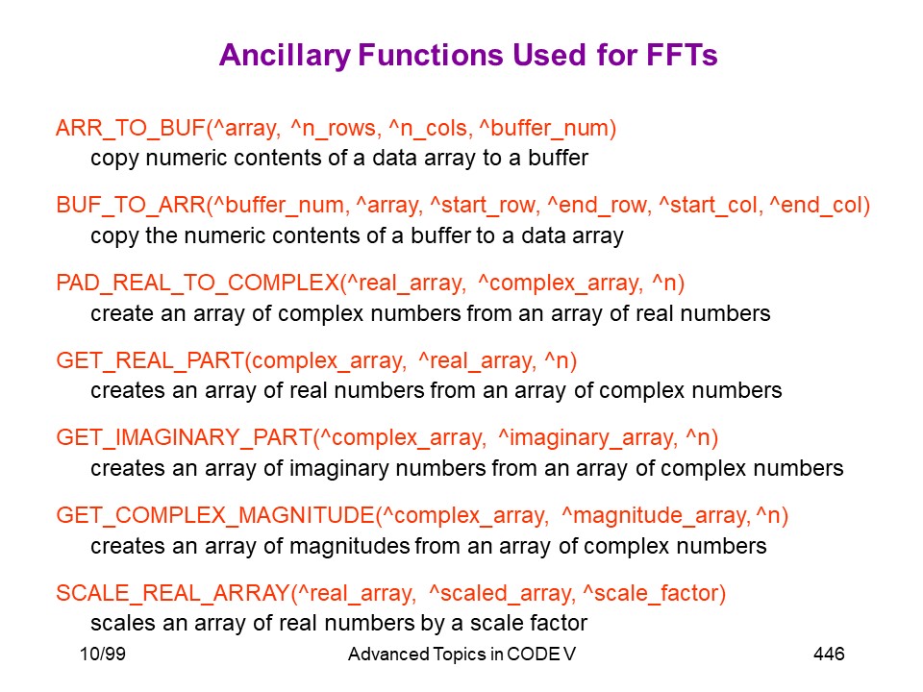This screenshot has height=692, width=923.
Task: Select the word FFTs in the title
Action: tap(682, 55)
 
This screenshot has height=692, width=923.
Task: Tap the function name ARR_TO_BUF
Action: tap(131, 128)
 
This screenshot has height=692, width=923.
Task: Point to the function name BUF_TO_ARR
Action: tap(131, 205)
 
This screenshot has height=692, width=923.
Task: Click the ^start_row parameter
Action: tap(485, 205)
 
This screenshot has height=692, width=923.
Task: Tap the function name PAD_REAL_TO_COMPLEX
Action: tap(198, 283)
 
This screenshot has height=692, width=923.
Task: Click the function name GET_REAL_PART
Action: tap(150, 360)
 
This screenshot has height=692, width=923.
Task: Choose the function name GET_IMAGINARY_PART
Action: tap(185, 437)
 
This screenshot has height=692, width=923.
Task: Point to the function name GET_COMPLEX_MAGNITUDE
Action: tap(215, 515)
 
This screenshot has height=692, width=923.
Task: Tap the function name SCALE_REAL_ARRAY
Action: tap(173, 593)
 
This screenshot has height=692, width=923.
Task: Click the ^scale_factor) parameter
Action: tap(655, 593)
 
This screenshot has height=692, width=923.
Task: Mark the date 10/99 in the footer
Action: tap(103, 654)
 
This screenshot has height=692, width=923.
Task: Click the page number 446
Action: tap(829, 654)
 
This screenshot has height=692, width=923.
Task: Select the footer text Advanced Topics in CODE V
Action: tap(462, 654)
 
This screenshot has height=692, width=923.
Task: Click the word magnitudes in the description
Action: tap(350, 546)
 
